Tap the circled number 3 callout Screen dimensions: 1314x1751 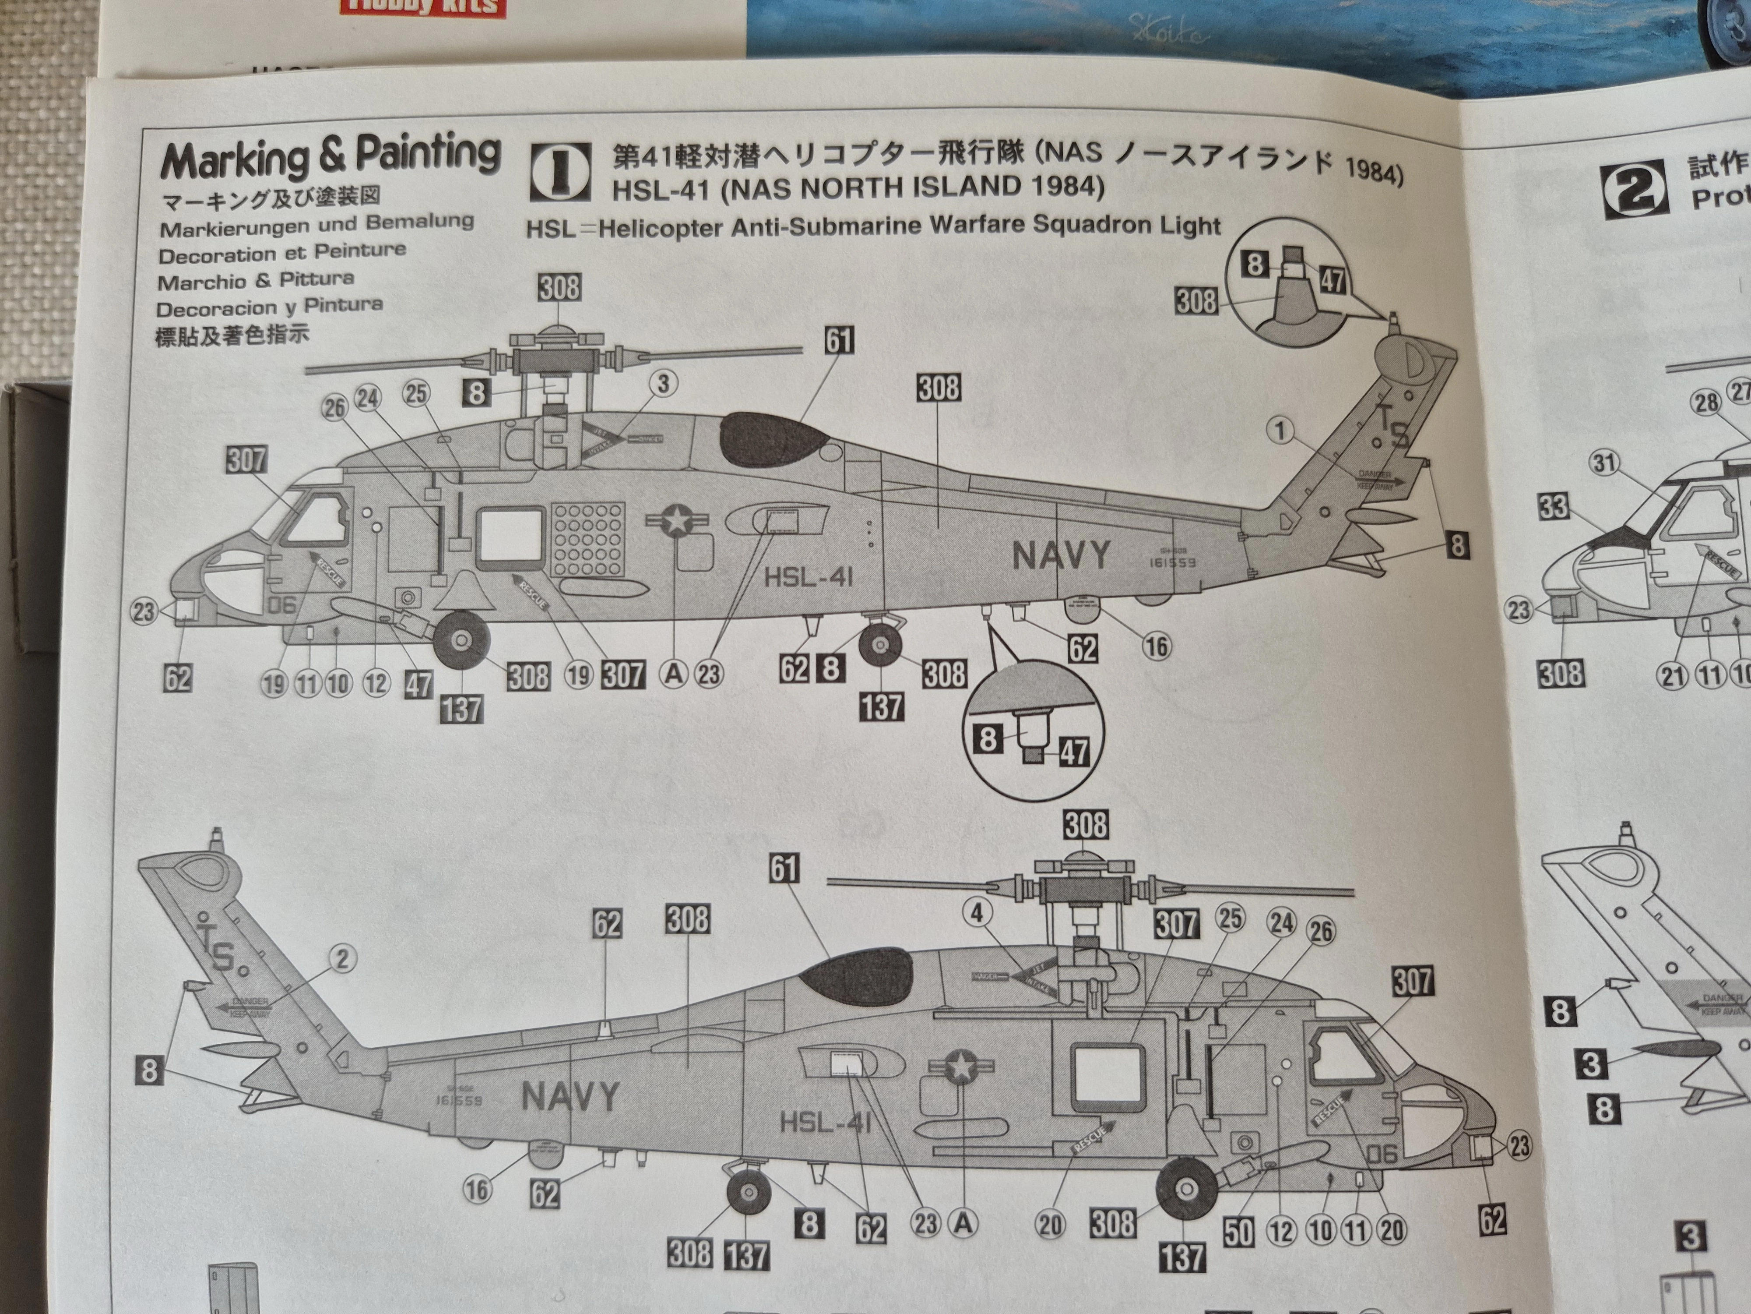(x=663, y=383)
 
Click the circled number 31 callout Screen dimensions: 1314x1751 (x=1604, y=462)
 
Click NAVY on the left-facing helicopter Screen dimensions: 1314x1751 (x=1062, y=555)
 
